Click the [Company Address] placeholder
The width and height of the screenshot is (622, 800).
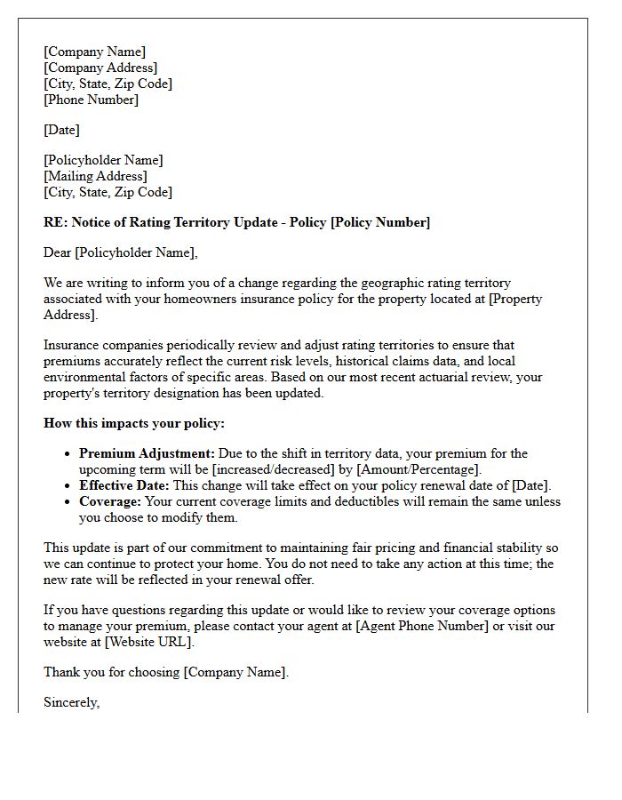click(100, 68)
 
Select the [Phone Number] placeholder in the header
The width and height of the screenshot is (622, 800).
click(91, 100)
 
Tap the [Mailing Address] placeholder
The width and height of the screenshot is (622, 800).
click(95, 176)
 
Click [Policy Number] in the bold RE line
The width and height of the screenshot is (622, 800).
click(380, 222)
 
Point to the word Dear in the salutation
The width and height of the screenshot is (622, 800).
click(58, 252)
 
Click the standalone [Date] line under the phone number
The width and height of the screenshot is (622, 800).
click(61, 130)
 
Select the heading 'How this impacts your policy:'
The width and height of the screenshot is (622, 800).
click(134, 423)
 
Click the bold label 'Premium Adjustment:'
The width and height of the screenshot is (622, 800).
click(147, 453)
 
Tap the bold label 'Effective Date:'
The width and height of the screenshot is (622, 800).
click(124, 485)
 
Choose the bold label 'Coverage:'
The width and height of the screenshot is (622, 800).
click(110, 501)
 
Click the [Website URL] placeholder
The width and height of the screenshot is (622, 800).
click(148, 642)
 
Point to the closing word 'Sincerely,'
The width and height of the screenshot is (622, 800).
click(72, 702)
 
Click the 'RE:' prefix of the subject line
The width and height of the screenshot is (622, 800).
click(55, 222)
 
